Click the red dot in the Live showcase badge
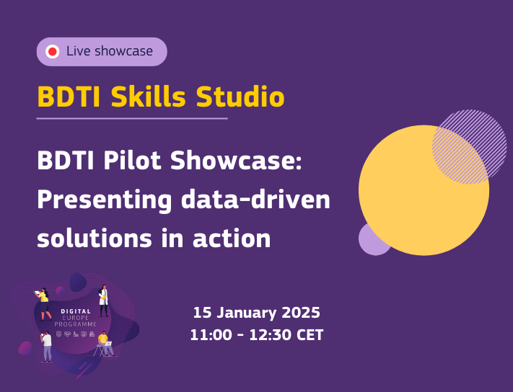tap(53, 52)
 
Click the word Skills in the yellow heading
tap(148, 97)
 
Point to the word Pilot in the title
tap(132, 161)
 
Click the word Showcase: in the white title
tap(236, 161)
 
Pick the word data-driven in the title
tap(255, 199)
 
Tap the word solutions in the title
tap(95, 238)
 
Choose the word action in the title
tap(232, 238)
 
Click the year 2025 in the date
tap(301, 313)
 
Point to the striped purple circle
tap(470, 147)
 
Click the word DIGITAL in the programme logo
tap(76, 311)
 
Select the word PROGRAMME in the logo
tap(76, 324)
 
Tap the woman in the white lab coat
tap(103, 300)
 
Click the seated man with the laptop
tap(105, 344)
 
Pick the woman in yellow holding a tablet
tap(43, 304)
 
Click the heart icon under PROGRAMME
tap(67, 334)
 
